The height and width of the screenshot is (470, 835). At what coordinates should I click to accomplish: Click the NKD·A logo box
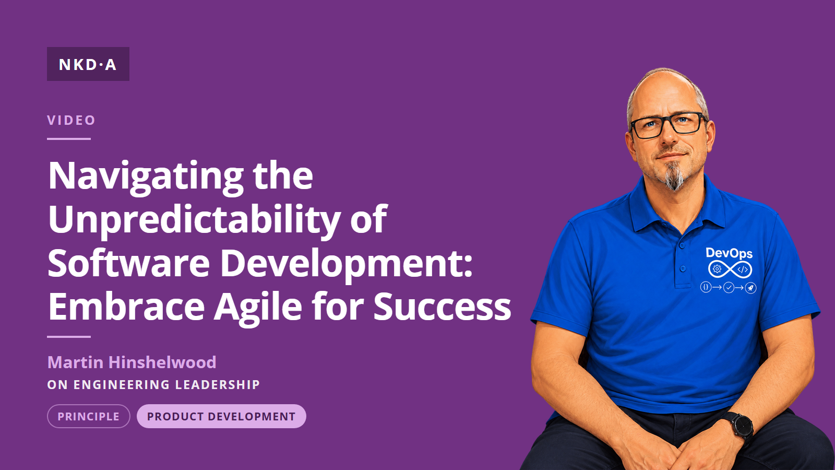click(88, 64)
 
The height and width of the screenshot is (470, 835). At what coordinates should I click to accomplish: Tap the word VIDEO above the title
click(71, 120)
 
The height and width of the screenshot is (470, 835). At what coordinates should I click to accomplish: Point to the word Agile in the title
click(258, 306)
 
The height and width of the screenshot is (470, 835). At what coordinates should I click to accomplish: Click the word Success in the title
click(442, 306)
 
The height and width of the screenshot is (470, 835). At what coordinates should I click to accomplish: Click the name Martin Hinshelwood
click(132, 362)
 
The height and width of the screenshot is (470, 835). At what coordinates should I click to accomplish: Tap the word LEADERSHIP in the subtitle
click(217, 384)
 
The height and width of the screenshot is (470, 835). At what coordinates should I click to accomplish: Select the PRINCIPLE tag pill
click(89, 416)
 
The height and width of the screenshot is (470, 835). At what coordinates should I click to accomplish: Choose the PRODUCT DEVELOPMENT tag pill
click(221, 416)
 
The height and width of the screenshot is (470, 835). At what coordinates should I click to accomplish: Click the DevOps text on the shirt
click(729, 254)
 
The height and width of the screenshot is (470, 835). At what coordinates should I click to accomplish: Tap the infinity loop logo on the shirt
click(730, 269)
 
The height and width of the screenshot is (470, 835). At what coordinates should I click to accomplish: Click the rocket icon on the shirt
click(750, 288)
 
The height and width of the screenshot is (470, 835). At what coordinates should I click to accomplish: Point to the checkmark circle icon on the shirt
click(729, 288)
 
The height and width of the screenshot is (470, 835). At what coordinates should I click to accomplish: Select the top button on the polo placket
click(682, 246)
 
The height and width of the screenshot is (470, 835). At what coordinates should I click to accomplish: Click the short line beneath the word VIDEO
click(69, 139)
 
